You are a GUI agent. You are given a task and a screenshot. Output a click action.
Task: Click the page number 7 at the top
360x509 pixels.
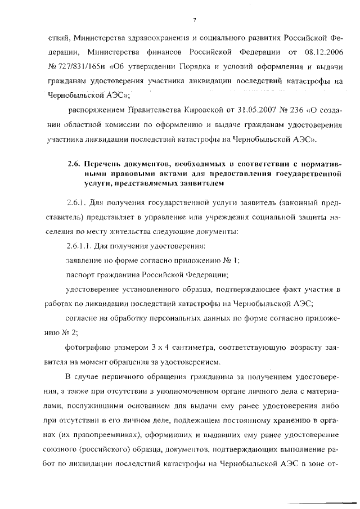[x=193, y=21]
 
